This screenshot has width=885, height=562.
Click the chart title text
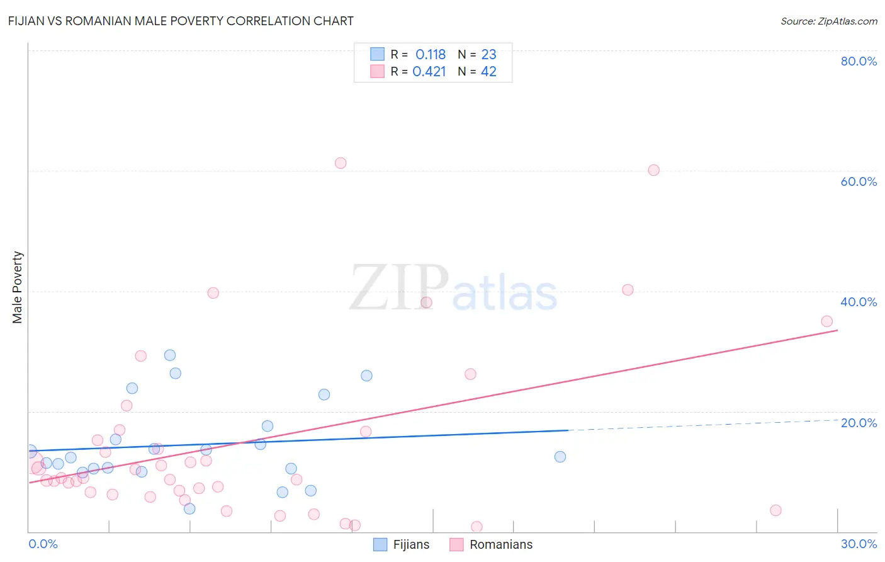tap(181, 21)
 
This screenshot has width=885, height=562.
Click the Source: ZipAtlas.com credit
tap(828, 21)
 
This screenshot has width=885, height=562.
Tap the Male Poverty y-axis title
tap(18, 287)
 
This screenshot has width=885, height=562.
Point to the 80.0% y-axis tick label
tap(859, 61)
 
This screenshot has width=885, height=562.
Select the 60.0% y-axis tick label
tap(859, 181)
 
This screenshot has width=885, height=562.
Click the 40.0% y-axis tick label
tap(859, 302)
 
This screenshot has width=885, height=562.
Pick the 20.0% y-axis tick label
tap(859, 423)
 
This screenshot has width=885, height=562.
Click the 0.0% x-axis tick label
tap(43, 544)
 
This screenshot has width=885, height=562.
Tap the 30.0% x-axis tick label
tap(859, 544)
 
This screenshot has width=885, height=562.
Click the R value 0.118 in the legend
tap(431, 55)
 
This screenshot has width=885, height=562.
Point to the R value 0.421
tap(429, 72)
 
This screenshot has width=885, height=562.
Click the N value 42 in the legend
tap(488, 72)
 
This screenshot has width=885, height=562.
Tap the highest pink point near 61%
tap(341, 163)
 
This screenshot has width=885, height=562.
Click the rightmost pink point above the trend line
tap(827, 321)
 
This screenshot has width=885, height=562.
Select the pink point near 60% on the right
tap(654, 170)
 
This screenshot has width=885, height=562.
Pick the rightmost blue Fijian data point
tap(560, 457)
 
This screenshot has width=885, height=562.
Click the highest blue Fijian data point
tap(170, 355)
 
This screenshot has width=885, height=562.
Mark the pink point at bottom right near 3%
tap(776, 510)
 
